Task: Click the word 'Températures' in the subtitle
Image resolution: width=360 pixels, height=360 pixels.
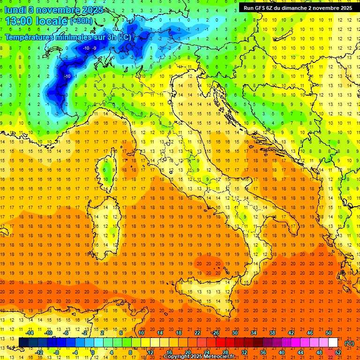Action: [29, 37]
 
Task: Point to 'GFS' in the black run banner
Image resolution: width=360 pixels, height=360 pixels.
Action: [262, 8]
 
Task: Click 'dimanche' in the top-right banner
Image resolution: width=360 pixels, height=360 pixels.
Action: [292, 8]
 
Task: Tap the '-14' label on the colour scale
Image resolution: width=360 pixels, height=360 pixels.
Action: [30, 333]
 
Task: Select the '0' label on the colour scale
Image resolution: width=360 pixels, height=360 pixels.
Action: [92, 352]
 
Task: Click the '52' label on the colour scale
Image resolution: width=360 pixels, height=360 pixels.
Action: [338, 352]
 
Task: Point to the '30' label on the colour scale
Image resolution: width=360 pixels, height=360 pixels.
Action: [234, 333]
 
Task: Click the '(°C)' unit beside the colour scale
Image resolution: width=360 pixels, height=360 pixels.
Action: [349, 343]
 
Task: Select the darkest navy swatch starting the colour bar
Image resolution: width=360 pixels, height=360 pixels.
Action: [23, 343]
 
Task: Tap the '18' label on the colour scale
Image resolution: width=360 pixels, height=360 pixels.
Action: [179, 333]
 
